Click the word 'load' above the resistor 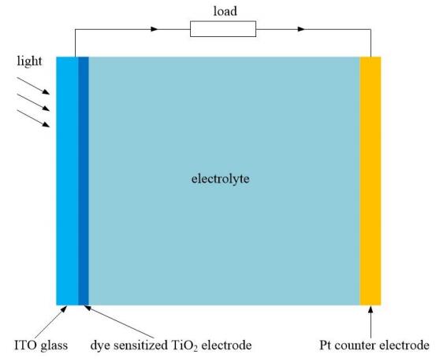(225, 11)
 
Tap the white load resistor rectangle (223, 29)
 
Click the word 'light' (29, 61)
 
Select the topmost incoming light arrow (33, 86)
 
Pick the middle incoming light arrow (33, 102)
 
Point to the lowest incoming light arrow (33, 118)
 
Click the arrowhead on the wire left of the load (155, 29)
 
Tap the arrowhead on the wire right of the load (301, 29)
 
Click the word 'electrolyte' (221, 179)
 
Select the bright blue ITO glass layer (67, 181)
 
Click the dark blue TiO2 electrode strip (84, 181)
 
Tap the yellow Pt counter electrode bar (371, 181)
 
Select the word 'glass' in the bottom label (54, 346)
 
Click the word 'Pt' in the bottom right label (326, 345)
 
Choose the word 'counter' (356, 346)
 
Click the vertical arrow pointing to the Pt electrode (371, 322)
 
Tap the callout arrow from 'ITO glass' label (51, 323)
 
